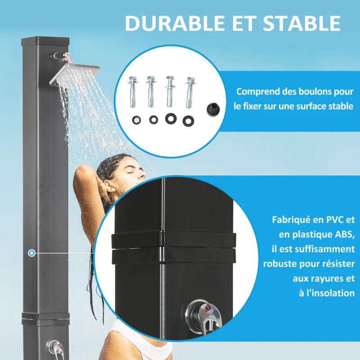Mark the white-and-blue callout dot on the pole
click(31, 253)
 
